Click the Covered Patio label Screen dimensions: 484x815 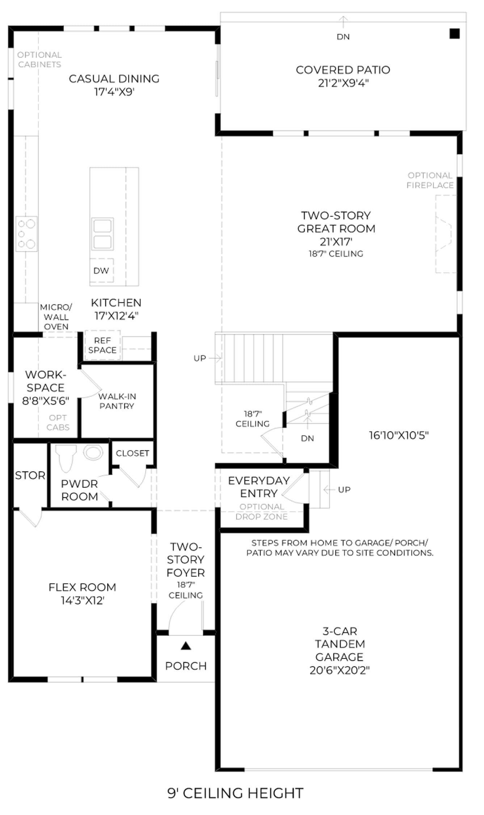click(343, 70)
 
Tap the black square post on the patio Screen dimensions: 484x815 click(455, 34)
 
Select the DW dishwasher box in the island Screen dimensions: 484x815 click(101, 270)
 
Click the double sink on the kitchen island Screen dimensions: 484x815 click(102, 234)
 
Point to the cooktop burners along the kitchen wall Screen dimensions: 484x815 click(26, 234)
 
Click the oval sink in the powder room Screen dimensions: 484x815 click(93, 453)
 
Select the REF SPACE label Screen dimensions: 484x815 click(102, 345)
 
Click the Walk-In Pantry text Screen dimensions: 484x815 click(117, 401)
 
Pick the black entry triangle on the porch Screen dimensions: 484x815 click(186, 645)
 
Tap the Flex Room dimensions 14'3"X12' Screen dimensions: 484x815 click(83, 601)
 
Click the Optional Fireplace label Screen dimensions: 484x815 click(430, 180)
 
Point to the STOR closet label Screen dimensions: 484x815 click(30, 475)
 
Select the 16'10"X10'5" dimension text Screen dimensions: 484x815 click(399, 435)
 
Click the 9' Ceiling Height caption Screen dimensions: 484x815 click(235, 793)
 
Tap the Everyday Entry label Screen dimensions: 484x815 click(259, 487)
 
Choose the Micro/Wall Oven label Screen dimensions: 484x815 click(56, 317)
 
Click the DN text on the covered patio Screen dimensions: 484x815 click(343, 37)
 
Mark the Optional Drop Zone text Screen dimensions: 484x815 click(262, 511)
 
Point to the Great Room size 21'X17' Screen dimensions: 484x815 click(336, 242)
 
